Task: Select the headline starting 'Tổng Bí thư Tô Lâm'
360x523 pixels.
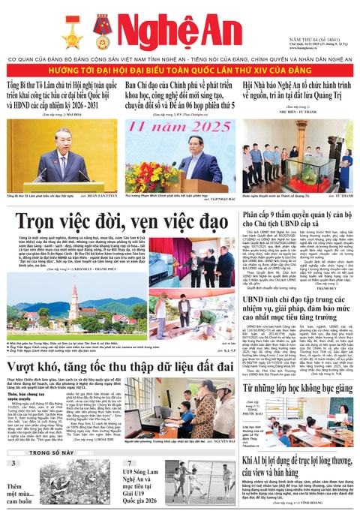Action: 59,95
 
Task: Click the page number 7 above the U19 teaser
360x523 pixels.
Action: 129,464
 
